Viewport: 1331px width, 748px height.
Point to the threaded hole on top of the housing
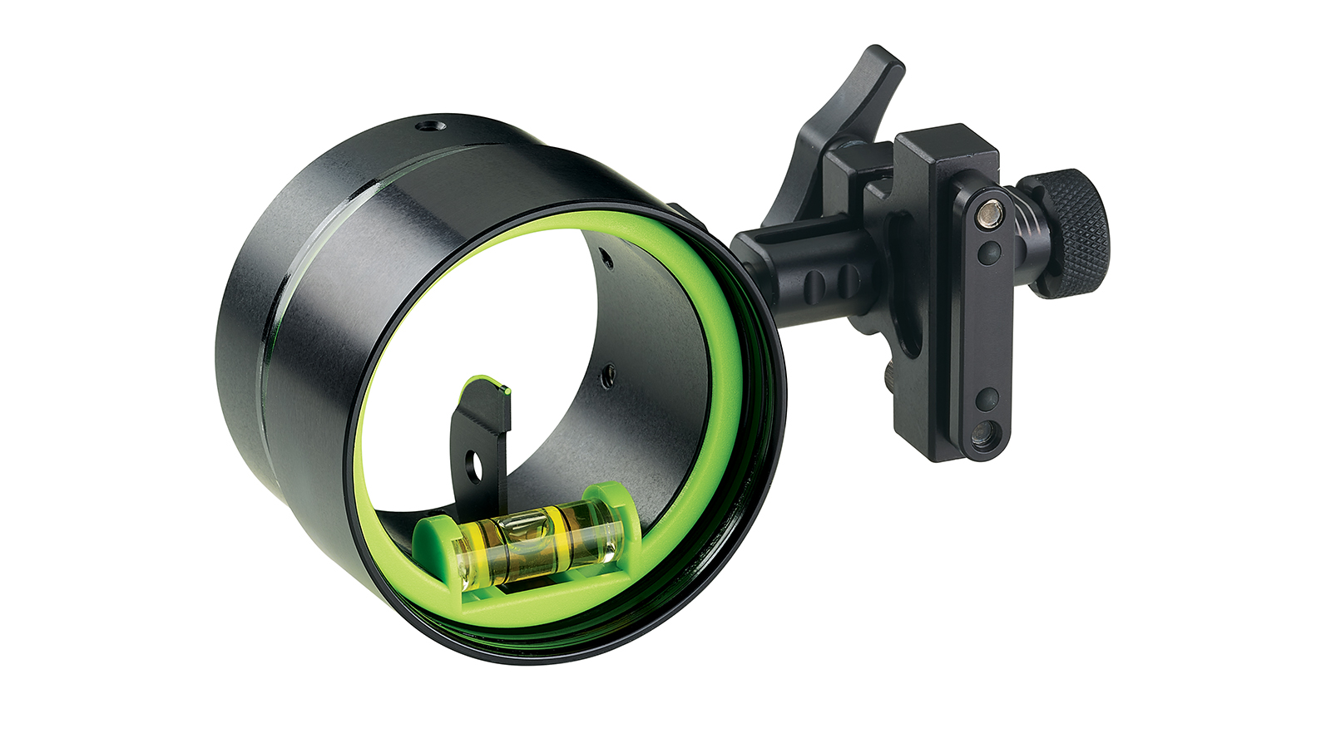[430, 126]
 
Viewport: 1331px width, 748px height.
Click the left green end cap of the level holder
[434, 536]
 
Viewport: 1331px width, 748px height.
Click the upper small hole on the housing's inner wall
[607, 260]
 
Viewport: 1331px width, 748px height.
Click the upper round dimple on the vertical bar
[988, 251]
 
